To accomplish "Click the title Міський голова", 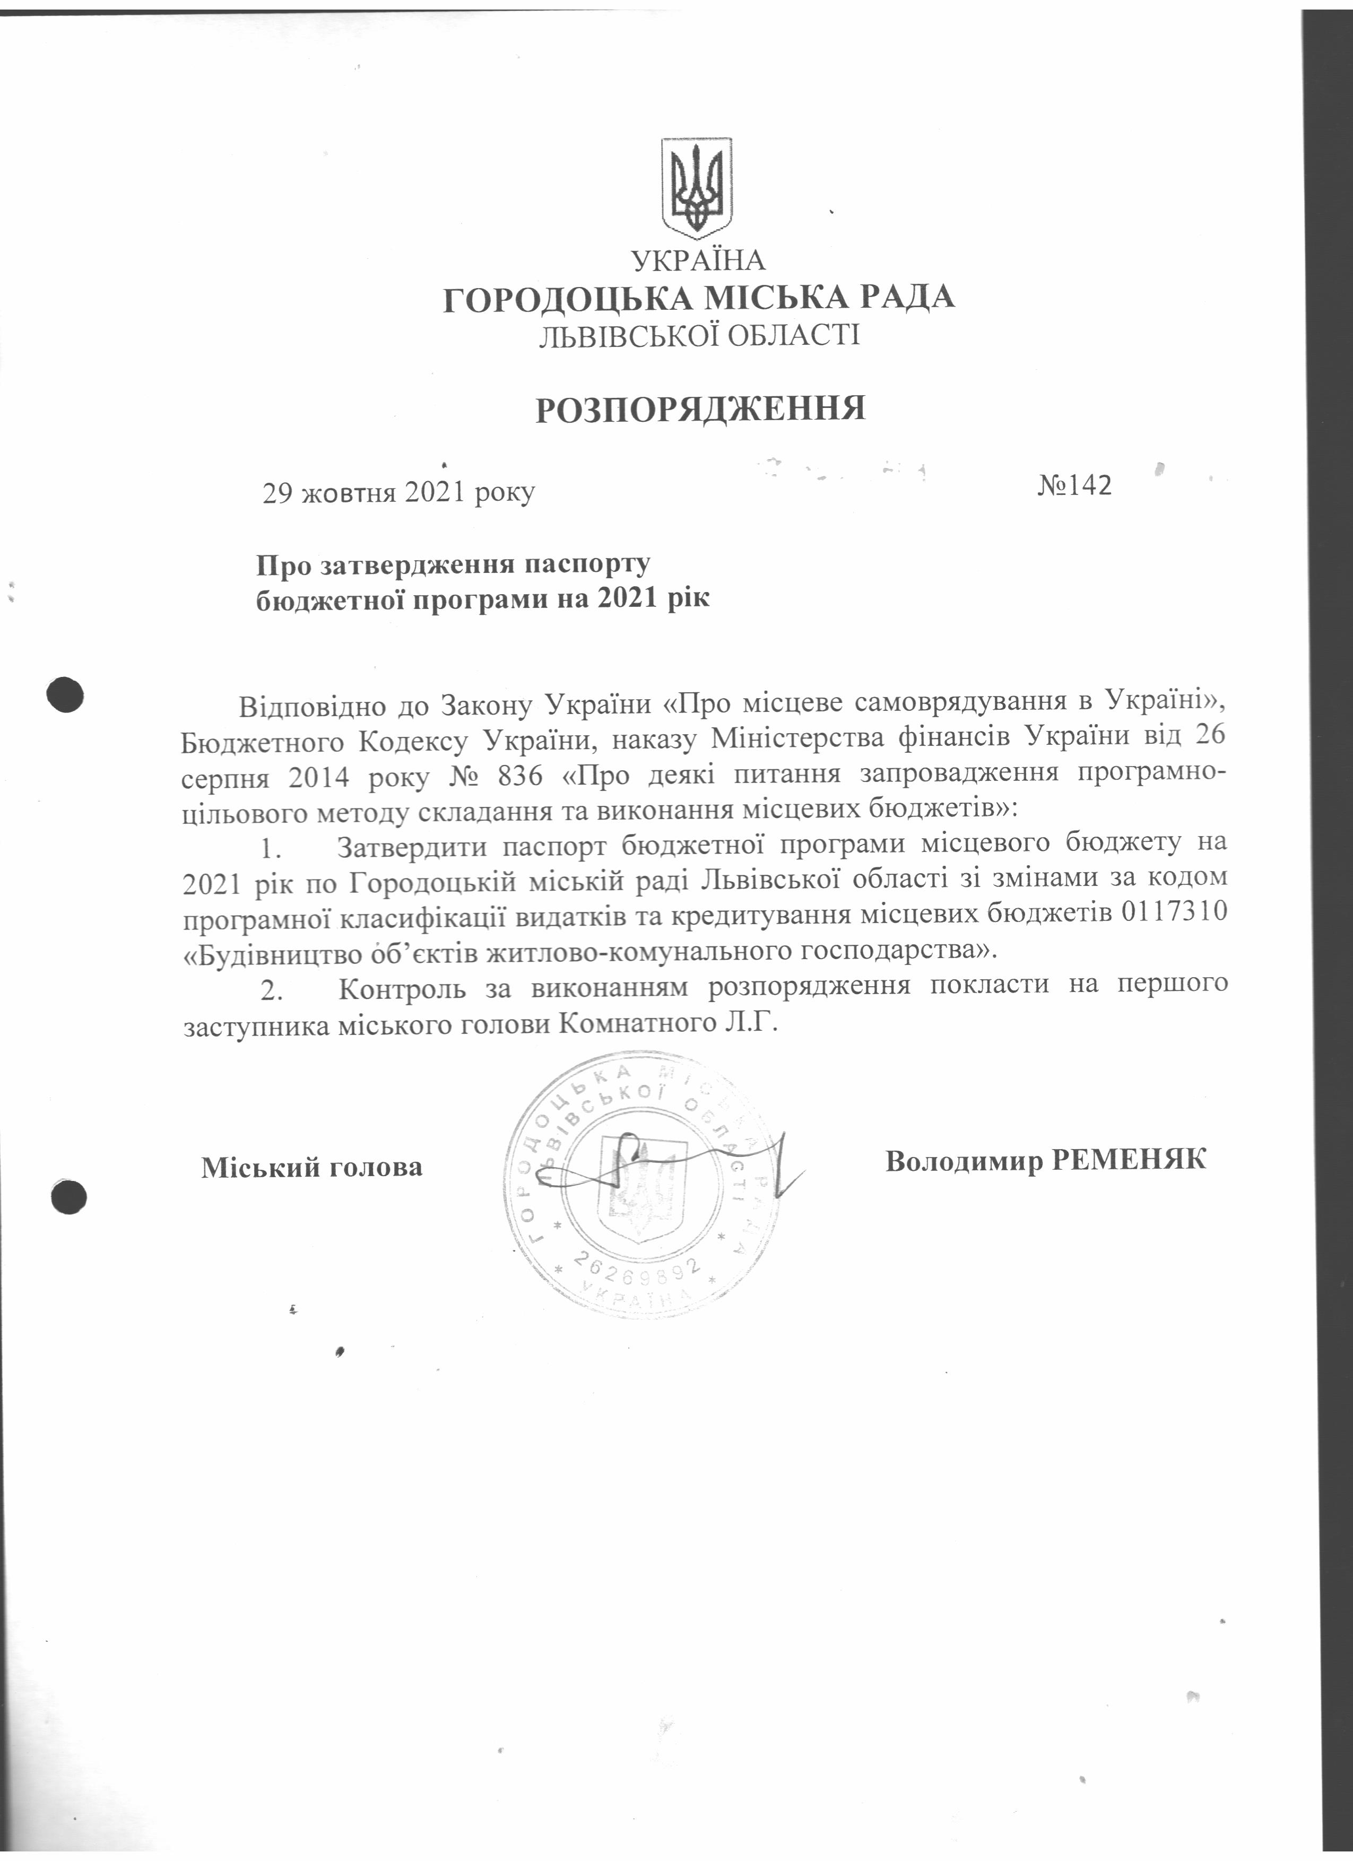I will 312,1166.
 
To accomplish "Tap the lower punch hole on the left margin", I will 69,1196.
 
